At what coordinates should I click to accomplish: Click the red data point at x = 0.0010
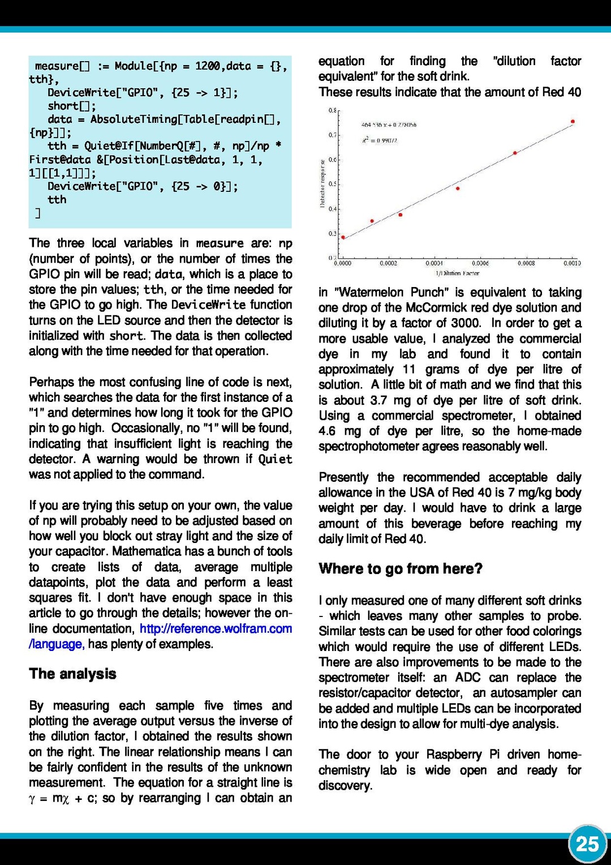573,122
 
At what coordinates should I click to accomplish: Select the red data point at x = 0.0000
343,238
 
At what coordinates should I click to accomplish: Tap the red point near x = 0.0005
458,189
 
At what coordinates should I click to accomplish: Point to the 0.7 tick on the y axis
333,135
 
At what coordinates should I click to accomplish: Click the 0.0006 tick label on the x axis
480,263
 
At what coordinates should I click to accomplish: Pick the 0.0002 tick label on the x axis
389,263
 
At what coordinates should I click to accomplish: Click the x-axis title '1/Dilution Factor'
457,273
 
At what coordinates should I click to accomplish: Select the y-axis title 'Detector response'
322,183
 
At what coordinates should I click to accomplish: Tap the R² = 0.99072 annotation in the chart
380,140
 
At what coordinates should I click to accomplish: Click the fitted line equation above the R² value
389,125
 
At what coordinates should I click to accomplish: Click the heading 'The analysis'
72,674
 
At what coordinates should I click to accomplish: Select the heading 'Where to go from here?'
401,568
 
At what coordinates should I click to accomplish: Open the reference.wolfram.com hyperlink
216,628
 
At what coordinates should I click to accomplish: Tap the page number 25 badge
587,844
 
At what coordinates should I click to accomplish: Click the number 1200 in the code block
207,66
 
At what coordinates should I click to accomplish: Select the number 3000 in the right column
466,323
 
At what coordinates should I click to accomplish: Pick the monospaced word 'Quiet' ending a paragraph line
275,459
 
